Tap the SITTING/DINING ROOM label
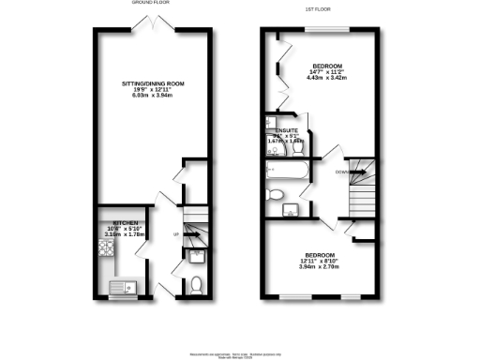[152, 83]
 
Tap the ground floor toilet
[195, 283]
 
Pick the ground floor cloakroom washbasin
[196, 254]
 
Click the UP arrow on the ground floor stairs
[175, 233]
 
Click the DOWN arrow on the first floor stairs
[343, 172]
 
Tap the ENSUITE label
[286, 131]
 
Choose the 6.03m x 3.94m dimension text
[152, 97]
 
